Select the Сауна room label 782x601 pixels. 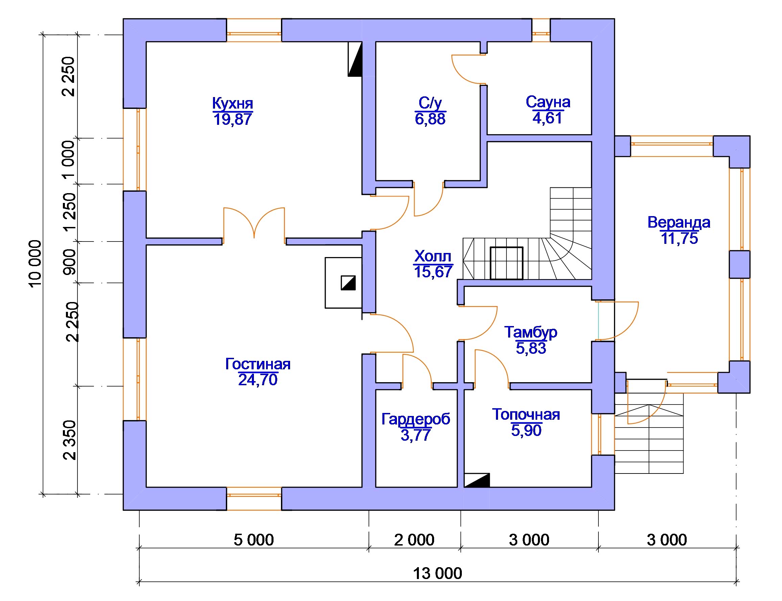(x=547, y=102)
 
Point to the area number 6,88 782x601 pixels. (x=430, y=119)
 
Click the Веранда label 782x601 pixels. (x=678, y=222)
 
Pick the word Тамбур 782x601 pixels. (x=530, y=332)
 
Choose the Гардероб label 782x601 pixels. (x=416, y=419)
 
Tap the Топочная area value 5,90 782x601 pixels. (x=526, y=430)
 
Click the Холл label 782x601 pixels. (x=433, y=256)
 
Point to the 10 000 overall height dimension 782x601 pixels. (x=35, y=264)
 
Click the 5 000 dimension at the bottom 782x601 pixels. (x=254, y=540)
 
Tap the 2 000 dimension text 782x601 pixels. (x=414, y=540)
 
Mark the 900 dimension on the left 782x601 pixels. (x=69, y=262)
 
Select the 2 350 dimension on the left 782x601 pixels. (x=69, y=440)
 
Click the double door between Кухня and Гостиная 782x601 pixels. (x=254, y=224)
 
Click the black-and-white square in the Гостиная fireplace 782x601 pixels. (x=348, y=283)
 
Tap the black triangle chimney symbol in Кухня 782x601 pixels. (x=355, y=59)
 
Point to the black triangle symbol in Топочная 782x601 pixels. (x=477, y=480)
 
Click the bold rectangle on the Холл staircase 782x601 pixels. (x=506, y=263)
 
